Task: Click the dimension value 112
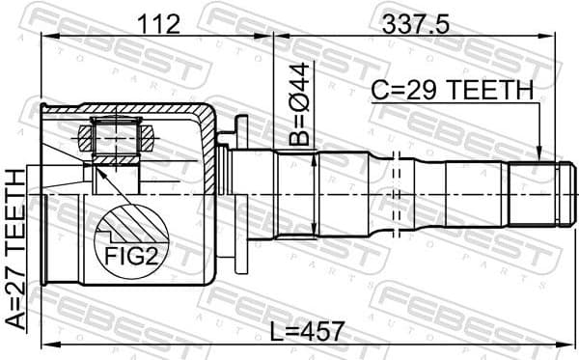click(158, 24)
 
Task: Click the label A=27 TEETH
click(16, 248)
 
